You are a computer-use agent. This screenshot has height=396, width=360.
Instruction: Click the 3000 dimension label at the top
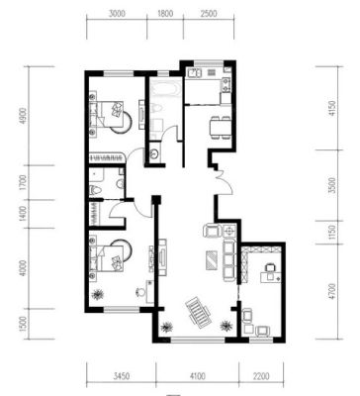[117, 14]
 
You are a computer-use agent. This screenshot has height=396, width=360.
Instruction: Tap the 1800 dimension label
[165, 14]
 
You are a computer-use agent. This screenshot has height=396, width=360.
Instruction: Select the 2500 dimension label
[209, 14]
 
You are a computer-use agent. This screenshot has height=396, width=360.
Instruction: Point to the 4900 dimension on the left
[23, 116]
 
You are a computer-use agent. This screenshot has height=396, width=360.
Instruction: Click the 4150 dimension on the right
[332, 108]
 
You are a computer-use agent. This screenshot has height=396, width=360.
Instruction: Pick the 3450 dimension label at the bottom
[121, 376]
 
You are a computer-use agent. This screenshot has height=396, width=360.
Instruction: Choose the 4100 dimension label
[197, 376]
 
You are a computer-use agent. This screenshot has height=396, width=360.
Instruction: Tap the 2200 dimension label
[261, 376]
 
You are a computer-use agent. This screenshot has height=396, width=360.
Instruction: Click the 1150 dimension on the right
[332, 233]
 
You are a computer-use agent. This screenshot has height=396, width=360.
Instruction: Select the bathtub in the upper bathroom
[164, 89]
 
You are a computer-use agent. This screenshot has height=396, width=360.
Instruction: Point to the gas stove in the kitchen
[225, 85]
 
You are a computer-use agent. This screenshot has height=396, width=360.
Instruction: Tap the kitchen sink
[194, 73]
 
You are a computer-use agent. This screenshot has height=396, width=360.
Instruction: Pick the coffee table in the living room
[212, 260]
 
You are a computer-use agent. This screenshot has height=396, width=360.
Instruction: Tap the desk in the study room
[271, 276]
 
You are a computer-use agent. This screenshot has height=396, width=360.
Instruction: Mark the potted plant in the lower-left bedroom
[97, 294]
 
